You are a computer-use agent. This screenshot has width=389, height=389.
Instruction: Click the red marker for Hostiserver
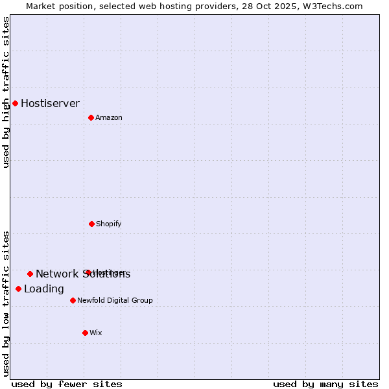pyautogui.click(x=15, y=103)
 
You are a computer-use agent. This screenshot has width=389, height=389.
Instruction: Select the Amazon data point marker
pyautogui.click(x=91, y=117)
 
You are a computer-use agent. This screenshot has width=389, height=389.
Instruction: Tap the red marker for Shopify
pyautogui.click(x=91, y=224)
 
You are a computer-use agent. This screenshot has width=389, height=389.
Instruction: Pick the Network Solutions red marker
pyautogui.click(x=30, y=274)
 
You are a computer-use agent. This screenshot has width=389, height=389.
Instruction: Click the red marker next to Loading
pyautogui.click(x=18, y=289)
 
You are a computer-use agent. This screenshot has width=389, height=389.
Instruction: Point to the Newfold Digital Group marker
pyautogui.click(x=73, y=300)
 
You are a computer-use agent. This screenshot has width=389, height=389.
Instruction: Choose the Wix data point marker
pyautogui.click(x=85, y=333)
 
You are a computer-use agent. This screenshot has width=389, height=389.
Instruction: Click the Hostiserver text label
pyautogui.click(x=50, y=103)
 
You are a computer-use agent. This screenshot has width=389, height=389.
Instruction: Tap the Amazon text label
pyautogui.click(x=109, y=117)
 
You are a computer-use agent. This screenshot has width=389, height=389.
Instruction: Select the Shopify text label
pyautogui.click(x=109, y=224)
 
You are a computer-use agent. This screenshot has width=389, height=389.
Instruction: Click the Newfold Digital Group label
pyautogui.click(x=115, y=300)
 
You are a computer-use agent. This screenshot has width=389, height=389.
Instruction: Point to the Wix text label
pyautogui.click(x=96, y=333)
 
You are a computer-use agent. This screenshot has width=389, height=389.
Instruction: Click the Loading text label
pyautogui.click(x=44, y=289)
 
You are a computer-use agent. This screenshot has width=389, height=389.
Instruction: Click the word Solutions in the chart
pyautogui.click(x=106, y=274)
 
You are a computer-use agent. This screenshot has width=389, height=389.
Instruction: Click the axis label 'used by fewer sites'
pyautogui.click(x=67, y=384)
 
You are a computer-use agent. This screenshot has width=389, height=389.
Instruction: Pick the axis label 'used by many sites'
pyautogui.click(x=325, y=384)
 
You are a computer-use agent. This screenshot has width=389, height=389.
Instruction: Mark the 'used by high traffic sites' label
pyautogui.click(x=6, y=92)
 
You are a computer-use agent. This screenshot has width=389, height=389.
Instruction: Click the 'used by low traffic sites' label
pyautogui.click(x=6, y=303)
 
